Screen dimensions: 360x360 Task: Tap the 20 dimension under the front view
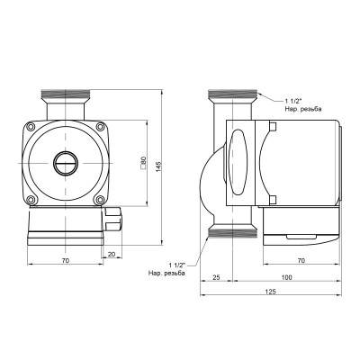tap(110, 255)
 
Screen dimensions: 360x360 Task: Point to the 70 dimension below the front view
tap(65, 260)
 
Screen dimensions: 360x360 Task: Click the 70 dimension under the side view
tap(300, 260)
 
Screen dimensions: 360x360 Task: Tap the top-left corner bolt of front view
tap(32, 131)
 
